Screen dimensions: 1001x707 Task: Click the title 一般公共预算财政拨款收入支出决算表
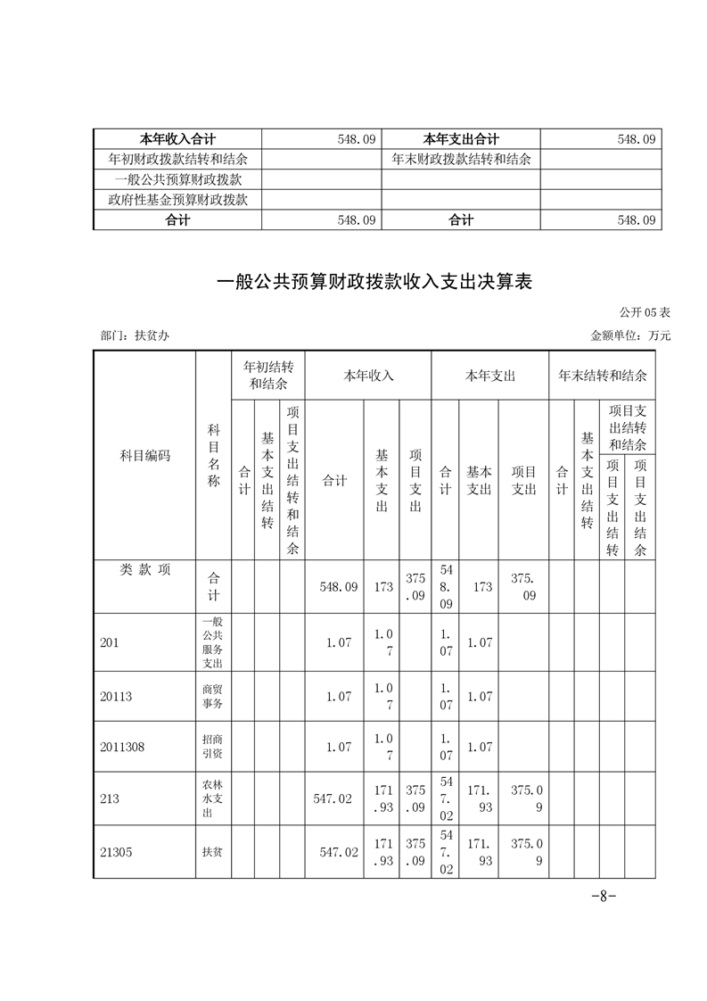pyautogui.click(x=374, y=283)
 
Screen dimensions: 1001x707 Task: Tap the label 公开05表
pyautogui.click(x=645, y=313)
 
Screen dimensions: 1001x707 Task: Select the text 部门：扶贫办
pyautogui.click(x=136, y=336)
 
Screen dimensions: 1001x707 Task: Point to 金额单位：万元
pyautogui.click(x=630, y=336)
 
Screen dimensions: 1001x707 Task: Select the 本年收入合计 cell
pyautogui.click(x=178, y=139)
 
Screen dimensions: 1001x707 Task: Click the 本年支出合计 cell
pyautogui.click(x=461, y=139)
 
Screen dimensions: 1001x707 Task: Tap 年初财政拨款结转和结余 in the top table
pyautogui.click(x=177, y=160)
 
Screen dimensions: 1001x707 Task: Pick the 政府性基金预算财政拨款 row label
pyautogui.click(x=177, y=200)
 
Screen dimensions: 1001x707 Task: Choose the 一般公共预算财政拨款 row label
pyautogui.click(x=177, y=179)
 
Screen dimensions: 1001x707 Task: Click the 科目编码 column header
pyautogui.click(x=144, y=456)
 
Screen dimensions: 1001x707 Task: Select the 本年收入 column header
pyautogui.click(x=368, y=376)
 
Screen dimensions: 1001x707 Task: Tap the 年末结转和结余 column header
pyautogui.click(x=603, y=376)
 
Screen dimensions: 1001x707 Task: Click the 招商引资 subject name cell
pyautogui.click(x=213, y=748)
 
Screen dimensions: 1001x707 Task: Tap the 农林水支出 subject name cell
pyautogui.click(x=213, y=799)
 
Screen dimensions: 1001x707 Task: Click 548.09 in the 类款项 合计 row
pyautogui.click(x=338, y=587)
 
